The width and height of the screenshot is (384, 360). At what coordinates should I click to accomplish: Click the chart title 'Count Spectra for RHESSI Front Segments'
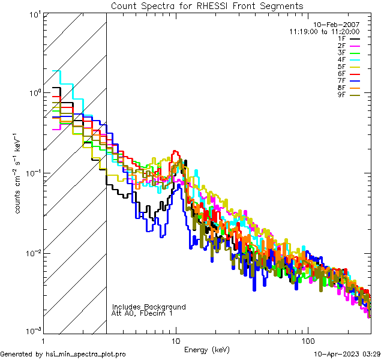pos(207,6)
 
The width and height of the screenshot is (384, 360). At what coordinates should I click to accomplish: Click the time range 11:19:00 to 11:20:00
pos(324,32)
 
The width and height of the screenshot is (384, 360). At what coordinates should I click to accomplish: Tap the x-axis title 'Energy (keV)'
pos(207,349)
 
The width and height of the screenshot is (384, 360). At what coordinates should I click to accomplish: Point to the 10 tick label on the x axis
pos(176,341)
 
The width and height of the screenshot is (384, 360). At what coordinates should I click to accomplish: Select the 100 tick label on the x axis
pos(307,341)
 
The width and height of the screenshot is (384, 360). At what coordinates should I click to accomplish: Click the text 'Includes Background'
pos(149,307)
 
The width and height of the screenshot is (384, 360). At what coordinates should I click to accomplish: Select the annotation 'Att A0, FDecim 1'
pos(142,313)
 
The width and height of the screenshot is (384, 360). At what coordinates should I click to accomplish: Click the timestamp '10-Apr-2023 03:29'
pos(345,354)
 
